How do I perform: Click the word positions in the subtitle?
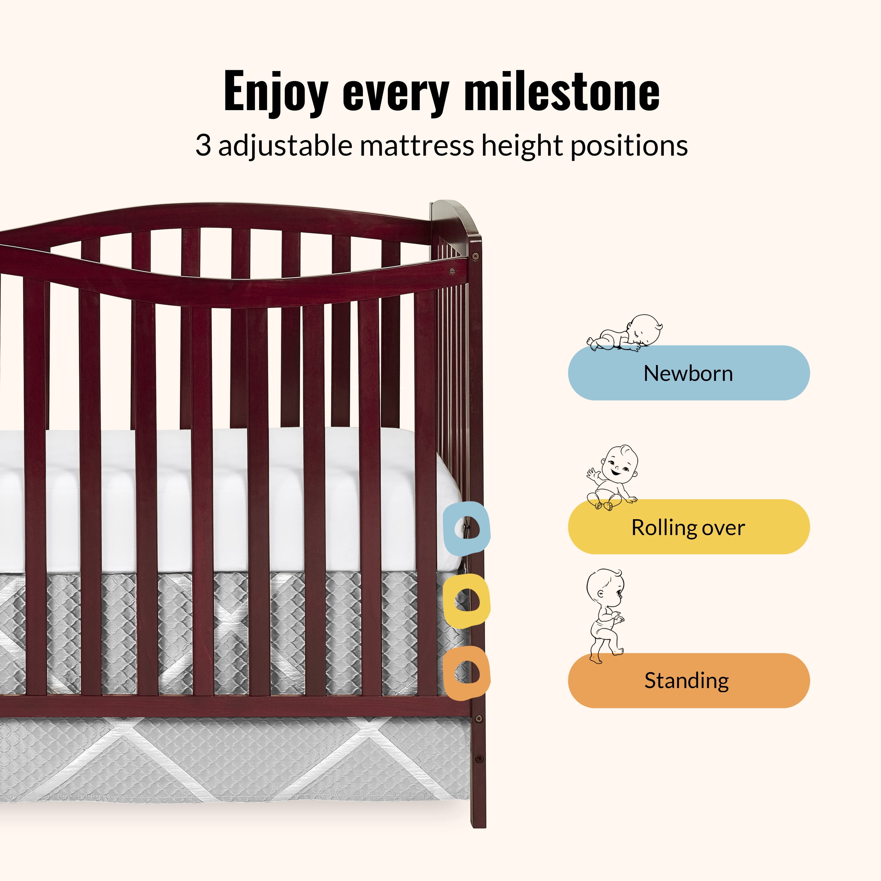[629, 147]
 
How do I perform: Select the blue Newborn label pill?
[689, 373]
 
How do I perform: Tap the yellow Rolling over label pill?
[689, 527]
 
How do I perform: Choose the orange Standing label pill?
[689, 680]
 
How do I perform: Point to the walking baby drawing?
[605, 616]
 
